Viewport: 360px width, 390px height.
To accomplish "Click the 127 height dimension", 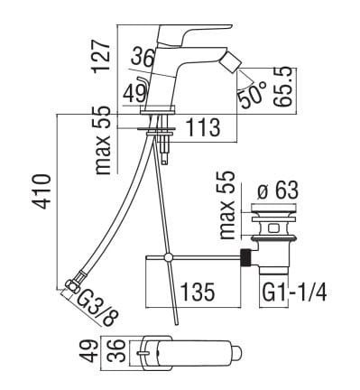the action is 101,57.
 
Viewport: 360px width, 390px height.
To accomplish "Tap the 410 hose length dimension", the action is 42,191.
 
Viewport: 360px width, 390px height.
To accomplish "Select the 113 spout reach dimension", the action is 203,127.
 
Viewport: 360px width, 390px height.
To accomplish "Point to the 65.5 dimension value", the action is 283,87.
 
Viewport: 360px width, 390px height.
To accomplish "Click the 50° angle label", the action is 253,94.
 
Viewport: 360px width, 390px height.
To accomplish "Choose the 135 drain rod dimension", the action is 198,292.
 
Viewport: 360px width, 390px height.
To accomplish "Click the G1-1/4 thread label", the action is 294,292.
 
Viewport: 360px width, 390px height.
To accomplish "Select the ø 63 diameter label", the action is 278,190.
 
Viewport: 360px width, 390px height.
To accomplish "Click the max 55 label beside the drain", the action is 227,205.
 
